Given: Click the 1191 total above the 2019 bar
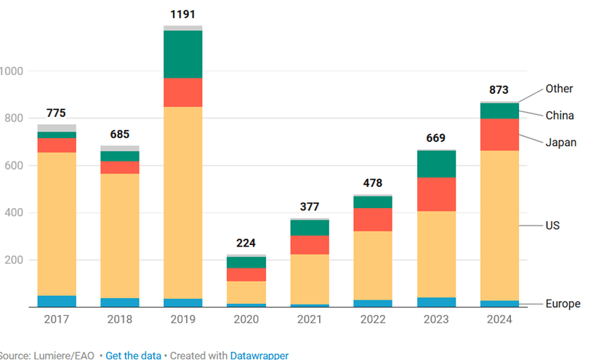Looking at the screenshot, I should pyautogui.click(x=183, y=15).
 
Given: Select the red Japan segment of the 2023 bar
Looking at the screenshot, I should pyautogui.click(x=436, y=194).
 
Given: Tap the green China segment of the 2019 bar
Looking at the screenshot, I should pyautogui.click(x=183, y=55).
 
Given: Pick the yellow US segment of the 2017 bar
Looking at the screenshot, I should pyautogui.click(x=57, y=224).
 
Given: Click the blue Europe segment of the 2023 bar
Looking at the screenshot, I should pyautogui.click(x=436, y=302).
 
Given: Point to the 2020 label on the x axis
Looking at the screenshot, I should pyautogui.click(x=246, y=320).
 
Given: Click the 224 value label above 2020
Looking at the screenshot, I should pyautogui.click(x=246, y=244).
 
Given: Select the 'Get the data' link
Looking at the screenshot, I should pyautogui.click(x=133, y=356).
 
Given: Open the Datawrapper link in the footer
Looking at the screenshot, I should pyautogui.click(x=259, y=356).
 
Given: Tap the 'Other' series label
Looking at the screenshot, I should pyautogui.click(x=560, y=89).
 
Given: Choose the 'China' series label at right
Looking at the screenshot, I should pyautogui.click(x=560, y=116).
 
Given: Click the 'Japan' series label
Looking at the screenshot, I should pyautogui.click(x=561, y=143).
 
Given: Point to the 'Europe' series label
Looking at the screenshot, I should pyautogui.click(x=563, y=303).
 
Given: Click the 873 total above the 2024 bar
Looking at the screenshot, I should pyautogui.click(x=499, y=90).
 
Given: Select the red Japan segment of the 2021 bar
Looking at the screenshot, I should pyautogui.click(x=310, y=245).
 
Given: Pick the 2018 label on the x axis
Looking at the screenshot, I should pyautogui.click(x=120, y=320).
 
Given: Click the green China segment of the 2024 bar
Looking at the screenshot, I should pyautogui.click(x=499, y=111).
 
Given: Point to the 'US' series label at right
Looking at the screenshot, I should pyautogui.click(x=553, y=225).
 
